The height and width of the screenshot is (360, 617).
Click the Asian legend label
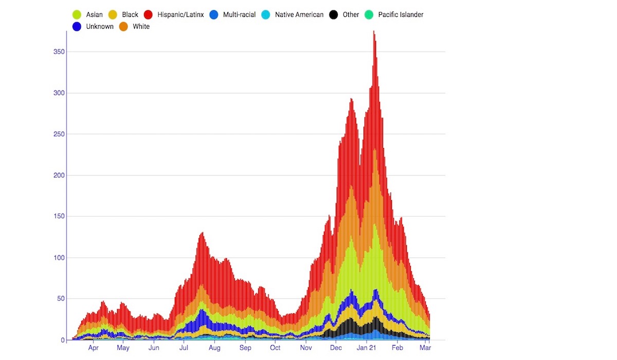[x=94, y=15]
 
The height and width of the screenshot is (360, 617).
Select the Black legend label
[x=130, y=15]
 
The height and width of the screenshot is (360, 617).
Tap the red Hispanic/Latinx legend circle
[x=149, y=15]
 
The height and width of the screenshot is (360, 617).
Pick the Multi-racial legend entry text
[x=239, y=15]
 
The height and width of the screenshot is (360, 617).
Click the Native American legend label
[x=299, y=15]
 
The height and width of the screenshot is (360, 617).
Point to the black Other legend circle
[x=334, y=15]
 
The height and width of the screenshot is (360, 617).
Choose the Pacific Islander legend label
[x=401, y=15]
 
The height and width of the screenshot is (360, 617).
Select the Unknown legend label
[x=100, y=27]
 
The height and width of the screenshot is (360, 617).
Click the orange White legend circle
[x=124, y=27]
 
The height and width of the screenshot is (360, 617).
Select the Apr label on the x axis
[x=93, y=348]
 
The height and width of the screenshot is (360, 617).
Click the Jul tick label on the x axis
[x=184, y=348]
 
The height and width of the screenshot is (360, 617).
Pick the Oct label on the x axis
[x=275, y=348]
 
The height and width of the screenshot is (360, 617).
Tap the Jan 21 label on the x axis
[x=367, y=348]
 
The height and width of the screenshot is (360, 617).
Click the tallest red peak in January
[x=374, y=32]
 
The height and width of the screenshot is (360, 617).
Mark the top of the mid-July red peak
[x=202, y=233]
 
